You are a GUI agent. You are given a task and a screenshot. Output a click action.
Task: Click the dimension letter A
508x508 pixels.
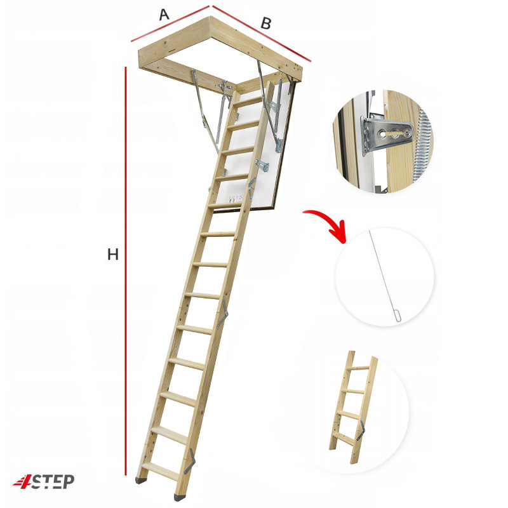tap(164, 15)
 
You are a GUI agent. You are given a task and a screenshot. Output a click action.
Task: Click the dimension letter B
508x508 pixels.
tap(265, 23)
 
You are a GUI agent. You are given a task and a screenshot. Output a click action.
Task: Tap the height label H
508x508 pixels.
tap(113, 255)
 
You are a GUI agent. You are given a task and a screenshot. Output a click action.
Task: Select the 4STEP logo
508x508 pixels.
tap(44, 481)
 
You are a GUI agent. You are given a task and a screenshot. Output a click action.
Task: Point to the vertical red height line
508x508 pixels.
tap(126, 271)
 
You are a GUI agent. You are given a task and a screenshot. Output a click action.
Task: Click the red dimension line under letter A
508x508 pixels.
tap(170, 23)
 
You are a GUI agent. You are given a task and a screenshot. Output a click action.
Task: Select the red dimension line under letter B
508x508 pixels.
tap(262, 34)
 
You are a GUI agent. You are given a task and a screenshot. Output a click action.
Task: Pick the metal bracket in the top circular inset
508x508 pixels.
tap(385, 135)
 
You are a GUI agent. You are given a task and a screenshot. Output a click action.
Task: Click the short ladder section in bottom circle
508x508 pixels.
tap(353, 406)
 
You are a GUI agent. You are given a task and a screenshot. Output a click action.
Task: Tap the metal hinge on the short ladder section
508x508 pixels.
tap(361, 431)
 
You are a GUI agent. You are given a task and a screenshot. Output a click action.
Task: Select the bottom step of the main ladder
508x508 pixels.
tap(161, 471)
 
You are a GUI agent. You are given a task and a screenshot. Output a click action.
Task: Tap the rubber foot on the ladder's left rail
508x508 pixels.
tap(141, 481)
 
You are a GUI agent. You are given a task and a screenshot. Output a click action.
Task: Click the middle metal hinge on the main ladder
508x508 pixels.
tap(222, 314)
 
